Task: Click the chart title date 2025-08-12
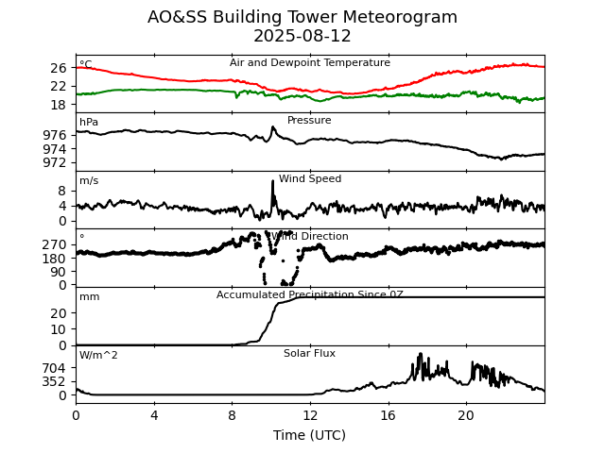[x=302, y=37]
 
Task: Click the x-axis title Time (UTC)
[x=309, y=435]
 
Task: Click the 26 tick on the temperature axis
[x=59, y=68]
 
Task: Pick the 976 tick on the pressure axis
[x=55, y=135]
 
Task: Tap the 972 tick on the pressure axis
[x=55, y=162]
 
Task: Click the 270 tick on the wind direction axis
[x=55, y=244]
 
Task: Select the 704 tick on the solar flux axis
[x=55, y=368]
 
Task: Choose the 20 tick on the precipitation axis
[x=59, y=313]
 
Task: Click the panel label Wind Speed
[x=310, y=179]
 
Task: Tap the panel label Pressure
[x=309, y=121]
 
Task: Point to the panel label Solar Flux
[x=309, y=354]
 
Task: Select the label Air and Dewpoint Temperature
[x=309, y=63]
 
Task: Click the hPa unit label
[x=89, y=123]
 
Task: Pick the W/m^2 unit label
[x=98, y=356]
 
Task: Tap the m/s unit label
[x=89, y=181]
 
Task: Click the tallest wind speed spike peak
[x=273, y=180]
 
